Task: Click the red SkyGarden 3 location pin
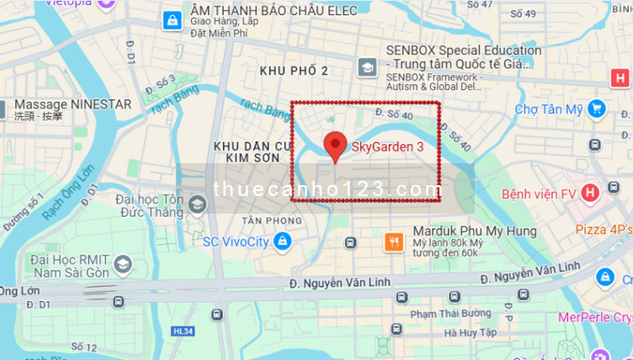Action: click(335, 146)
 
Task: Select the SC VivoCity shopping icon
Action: click(282, 242)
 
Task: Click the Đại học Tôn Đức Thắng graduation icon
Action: click(198, 204)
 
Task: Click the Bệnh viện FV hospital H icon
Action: click(589, 193)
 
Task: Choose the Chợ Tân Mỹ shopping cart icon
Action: click(597, 109)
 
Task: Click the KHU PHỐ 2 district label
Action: click(294, 70)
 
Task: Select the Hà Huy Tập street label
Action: click(472, 333)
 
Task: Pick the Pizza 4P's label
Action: click(604, 229)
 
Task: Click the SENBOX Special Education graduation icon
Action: click(367, 66)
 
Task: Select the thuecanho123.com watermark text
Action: click(327, 190)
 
